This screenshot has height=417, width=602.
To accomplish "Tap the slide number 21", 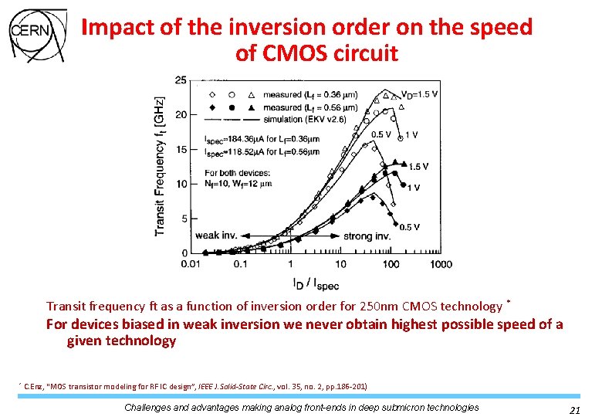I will click(x=574, y=410).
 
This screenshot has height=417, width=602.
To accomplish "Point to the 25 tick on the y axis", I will click(x=180, y=80).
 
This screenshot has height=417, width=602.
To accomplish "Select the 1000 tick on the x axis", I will click(x=441, y=264).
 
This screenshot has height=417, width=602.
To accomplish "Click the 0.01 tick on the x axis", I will click(x=190, y=264).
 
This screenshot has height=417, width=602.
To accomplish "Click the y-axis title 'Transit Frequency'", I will click(x=160, y=181).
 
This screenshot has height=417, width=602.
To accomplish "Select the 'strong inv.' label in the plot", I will click(x=366, y=235).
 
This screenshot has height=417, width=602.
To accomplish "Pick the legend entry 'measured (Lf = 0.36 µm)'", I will click(x=309, y=95).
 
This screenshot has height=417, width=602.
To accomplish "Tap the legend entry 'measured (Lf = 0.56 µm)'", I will click(x=309, y=107).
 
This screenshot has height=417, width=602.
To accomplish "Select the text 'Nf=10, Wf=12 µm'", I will click(x=238, y=184).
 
